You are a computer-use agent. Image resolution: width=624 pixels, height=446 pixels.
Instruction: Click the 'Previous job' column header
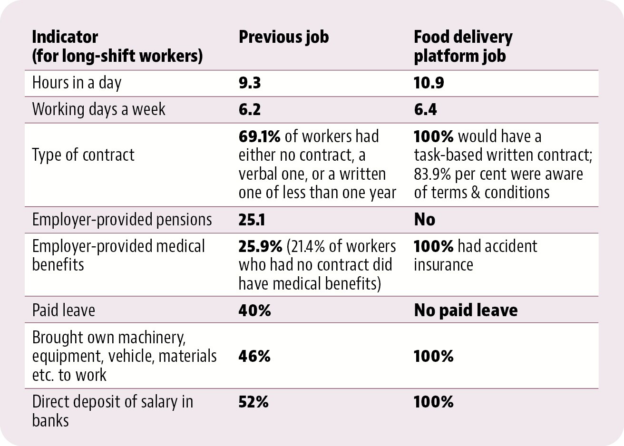pos(283,37)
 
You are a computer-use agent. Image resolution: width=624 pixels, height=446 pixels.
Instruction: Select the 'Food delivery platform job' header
pos(463,47)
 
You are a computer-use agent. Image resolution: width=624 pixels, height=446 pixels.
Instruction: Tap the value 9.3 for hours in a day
pos(250,83)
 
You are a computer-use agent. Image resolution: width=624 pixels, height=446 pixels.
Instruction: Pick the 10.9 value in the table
pos(429,83)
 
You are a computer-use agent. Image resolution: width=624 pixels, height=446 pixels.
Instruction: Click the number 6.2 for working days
pos(250,109)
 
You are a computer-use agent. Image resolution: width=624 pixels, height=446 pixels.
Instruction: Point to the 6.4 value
pos(425,109)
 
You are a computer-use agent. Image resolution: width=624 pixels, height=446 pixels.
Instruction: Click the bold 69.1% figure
pos(259,136)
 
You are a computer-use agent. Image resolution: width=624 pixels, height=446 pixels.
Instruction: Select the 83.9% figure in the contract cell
pos(432,174)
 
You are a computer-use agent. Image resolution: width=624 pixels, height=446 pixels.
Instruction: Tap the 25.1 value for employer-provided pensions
pos(252,220)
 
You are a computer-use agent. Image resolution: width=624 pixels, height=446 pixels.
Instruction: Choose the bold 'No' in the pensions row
pos(425,220)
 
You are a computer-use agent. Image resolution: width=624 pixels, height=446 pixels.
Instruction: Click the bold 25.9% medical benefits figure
pos(261,247)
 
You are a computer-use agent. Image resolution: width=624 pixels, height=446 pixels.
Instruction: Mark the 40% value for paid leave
pos(254,310)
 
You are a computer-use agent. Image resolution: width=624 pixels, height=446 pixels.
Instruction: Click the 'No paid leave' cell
pos(466,310)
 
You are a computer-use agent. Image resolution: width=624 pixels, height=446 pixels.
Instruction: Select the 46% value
pos(254,356)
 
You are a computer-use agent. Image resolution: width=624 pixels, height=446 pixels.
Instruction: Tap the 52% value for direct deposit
pos(253,402)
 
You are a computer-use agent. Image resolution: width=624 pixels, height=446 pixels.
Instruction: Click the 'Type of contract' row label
pos(83,155)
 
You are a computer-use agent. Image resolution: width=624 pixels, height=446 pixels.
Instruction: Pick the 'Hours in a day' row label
pos(77,83)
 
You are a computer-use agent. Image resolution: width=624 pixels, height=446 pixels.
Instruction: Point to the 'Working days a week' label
pos(99,109)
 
